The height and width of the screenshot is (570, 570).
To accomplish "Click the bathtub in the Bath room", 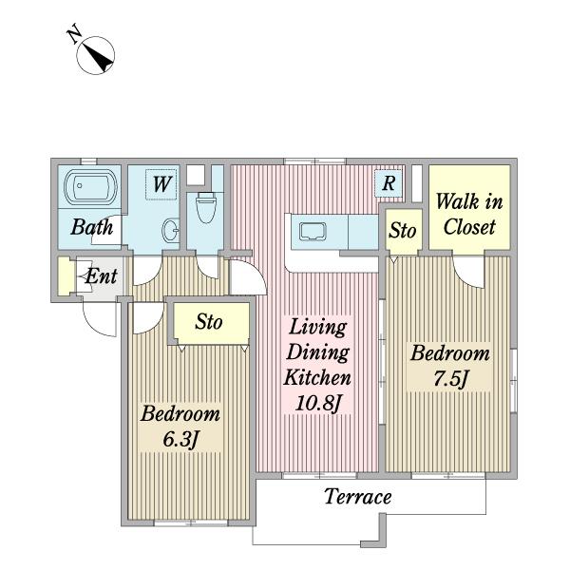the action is tap(91, 187).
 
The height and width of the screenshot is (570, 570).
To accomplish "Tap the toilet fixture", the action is tap(206, 207).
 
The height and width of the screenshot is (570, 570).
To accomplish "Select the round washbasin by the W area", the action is tap(170, 231).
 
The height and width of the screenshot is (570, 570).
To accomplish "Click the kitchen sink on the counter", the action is tap(313, 232).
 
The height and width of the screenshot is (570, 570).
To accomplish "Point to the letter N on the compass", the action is tap(74, 34).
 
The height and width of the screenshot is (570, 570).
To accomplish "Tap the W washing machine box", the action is tap(161, 184).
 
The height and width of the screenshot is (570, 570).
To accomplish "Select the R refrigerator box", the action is tap(389, 182).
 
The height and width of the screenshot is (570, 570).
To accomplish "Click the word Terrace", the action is tap(358, 497).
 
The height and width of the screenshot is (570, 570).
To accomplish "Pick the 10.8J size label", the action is tap(319, 403).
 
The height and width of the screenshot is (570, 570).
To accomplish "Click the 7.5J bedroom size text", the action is tap(450, 379).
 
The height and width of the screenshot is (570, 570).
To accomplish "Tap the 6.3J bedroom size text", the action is tap(180, 440).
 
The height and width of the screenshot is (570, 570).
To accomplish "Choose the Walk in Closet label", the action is tap(469, 215).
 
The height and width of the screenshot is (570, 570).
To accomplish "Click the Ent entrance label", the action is tap(101, 276).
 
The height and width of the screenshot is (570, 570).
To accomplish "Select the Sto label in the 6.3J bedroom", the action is tap(209, 322).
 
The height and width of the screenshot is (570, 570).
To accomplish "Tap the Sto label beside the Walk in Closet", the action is tap(403, 231).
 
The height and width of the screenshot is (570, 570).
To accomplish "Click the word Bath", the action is tap(91, 227).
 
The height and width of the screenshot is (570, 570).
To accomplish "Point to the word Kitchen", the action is tap(317, 377).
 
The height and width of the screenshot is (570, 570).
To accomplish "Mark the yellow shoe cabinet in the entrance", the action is tap(65, 276).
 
